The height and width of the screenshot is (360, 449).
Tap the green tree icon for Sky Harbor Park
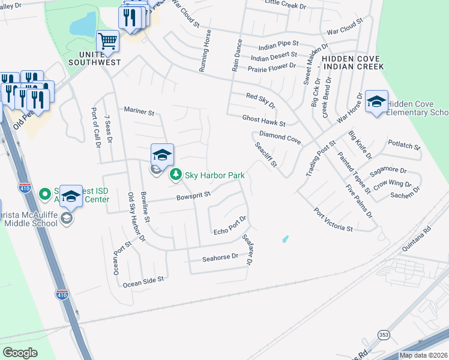coord(175,175)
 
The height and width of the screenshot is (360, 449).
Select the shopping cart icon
coord(107,41)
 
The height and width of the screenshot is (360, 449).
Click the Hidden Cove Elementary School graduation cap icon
coord(376,102)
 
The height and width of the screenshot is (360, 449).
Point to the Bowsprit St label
coord(194,195)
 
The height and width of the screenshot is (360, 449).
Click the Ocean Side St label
coord(143,280)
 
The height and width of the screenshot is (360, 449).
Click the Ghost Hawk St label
coord(264,120)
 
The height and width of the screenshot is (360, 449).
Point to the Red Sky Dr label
coord(261,100)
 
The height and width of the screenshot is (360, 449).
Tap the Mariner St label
coord(139,111)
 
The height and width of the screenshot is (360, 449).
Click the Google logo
coord(20,353)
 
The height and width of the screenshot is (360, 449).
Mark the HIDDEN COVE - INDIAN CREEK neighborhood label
coord(351,62)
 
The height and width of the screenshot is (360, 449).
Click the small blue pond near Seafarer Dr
coord(285,239)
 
